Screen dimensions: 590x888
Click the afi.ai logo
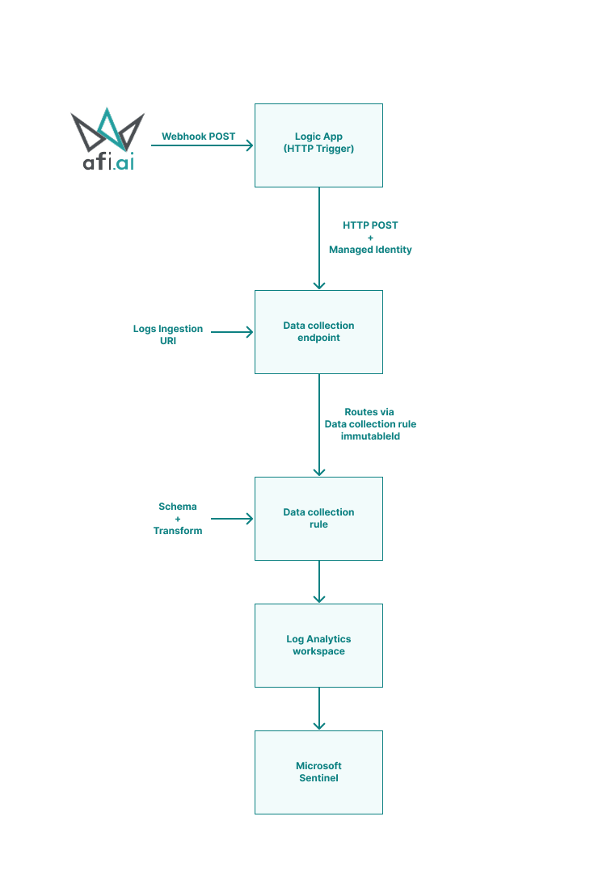tap(107, 139)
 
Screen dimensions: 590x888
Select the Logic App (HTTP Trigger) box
tap(318, 145)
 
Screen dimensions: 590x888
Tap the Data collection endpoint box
tap(318, 332)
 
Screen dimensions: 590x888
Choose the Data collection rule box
tap(318, 519)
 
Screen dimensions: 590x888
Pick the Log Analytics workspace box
tap(318, 646)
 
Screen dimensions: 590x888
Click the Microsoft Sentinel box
tap(318, 772)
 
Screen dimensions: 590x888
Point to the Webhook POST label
tap(198, 137)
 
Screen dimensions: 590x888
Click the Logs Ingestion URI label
tap(167, 335)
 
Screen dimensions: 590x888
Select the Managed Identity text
tap(370, 250)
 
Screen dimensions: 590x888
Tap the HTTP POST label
tap(370, 225)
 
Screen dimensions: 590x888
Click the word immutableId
tap(370, 436)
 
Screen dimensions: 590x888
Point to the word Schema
tap(178, 507)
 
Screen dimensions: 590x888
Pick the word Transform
tap(178, 531)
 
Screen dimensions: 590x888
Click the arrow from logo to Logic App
tap(202, 145)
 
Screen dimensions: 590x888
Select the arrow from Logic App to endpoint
tap(319, 238)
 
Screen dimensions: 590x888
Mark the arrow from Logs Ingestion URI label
tap(232, 332)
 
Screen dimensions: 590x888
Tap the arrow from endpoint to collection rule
tap(319, 425)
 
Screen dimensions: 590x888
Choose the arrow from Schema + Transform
tap(232, 519)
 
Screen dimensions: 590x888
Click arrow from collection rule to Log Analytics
tap(319, 582)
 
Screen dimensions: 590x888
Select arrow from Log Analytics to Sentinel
tap(319, 709)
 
